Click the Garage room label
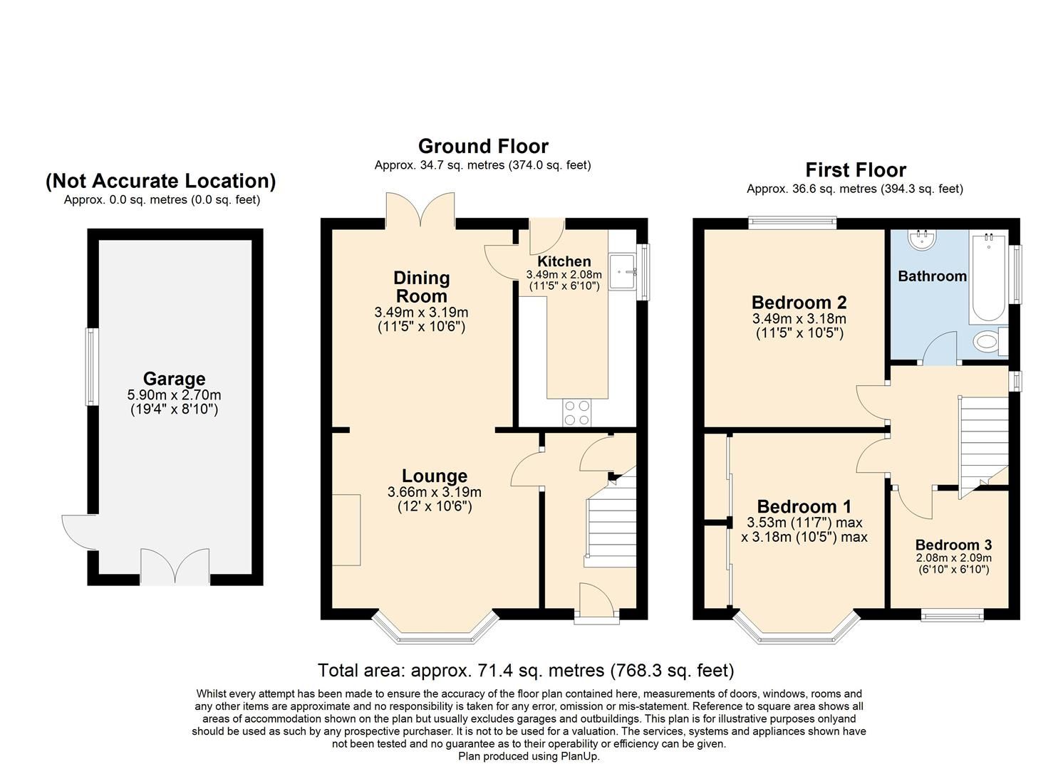[x=174, y=379]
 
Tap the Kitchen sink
[x=622, y=271]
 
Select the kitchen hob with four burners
[x=576, y=412]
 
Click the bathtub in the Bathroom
[x=989, y=278]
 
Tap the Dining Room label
[x=421, y=287]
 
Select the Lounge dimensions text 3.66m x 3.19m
[x=434, y=492]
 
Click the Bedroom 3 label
[x=953, y=545]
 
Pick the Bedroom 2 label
[x=799, y=303]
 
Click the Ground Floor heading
[x=483, y=147]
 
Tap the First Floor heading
[x=855, y=170]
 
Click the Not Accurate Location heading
[x=161, y=182]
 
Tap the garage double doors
[x=175, y=567]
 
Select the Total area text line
[x=525, y=670]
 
